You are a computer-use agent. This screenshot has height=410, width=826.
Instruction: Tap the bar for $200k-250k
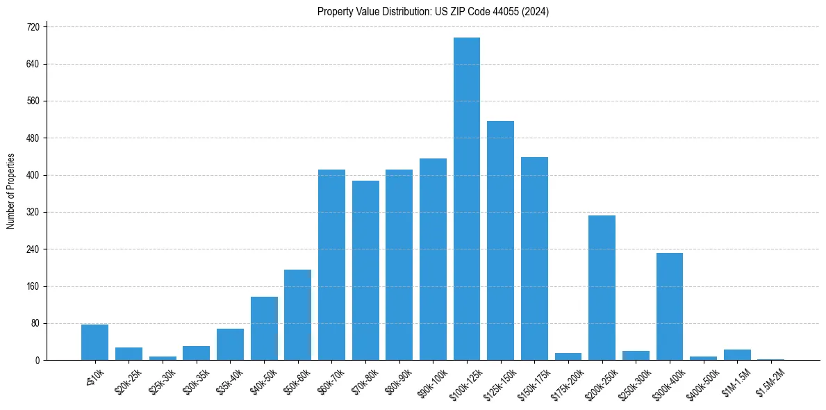(x=602, y=288)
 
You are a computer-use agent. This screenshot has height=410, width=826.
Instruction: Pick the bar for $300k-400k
(x=670, y=306)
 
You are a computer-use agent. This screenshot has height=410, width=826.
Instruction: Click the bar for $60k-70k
(x=331, y=265)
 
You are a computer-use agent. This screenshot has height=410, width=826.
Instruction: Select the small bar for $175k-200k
(x=568, y=356)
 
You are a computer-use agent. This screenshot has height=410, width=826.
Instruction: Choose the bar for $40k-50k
(x=264, y=328)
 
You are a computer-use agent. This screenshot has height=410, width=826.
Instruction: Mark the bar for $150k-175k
(x=534, y=259)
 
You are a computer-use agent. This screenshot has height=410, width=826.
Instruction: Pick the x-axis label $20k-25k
(x=129, y=380)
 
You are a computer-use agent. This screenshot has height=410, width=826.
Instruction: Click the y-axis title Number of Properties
(x=10, y=191)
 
